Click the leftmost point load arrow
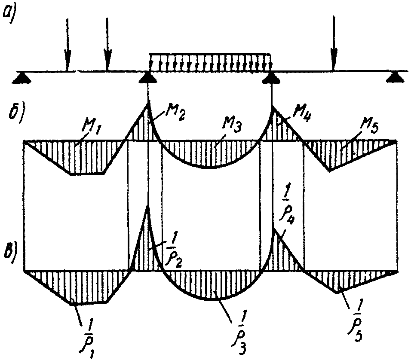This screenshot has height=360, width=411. click(67, 43)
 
